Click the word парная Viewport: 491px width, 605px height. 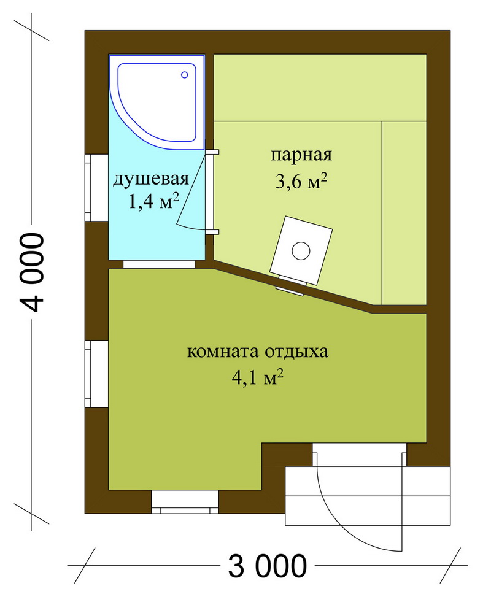coord(301,155)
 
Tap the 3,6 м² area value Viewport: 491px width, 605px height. coord(301,181)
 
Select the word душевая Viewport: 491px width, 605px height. coord(151,179)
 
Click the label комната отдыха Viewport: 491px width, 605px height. coord(258,352)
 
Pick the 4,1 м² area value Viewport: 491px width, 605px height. coord(258,377)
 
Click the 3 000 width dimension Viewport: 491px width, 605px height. coord(268,566)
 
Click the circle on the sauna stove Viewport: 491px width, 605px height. coord(301,251)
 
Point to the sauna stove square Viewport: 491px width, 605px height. coord(301,250)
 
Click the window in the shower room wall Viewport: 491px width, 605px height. coord(96,188)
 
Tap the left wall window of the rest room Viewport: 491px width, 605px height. coord(96,374)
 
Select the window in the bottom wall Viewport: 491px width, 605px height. coord(185,502)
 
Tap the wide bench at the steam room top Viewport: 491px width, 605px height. coord(320,88)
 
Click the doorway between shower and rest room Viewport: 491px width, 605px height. coord(159,264)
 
